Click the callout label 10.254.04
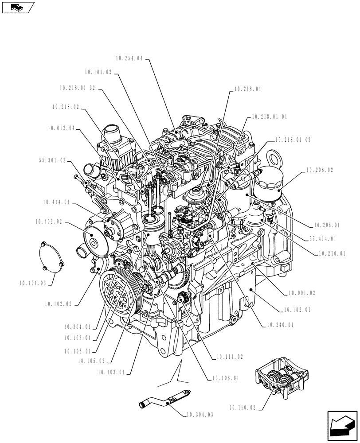(x=129, y=58)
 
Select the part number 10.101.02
(x=99, y=72)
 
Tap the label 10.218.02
(x=66, y=107)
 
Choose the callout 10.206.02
(x=319, y=170)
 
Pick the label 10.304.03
(x=200, y=415)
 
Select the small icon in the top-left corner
(x=18, y=7)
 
